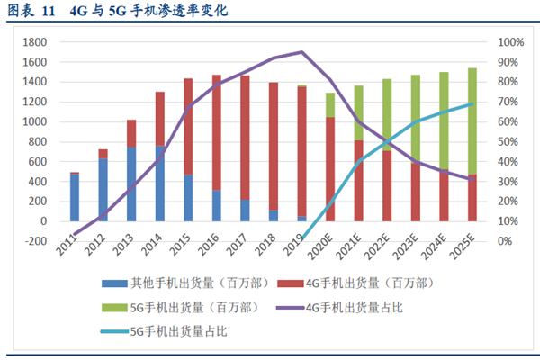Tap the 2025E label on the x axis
click(x=465, y=245)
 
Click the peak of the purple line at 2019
click(x=301, y=52)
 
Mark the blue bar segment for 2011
click(x=75, y=197)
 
